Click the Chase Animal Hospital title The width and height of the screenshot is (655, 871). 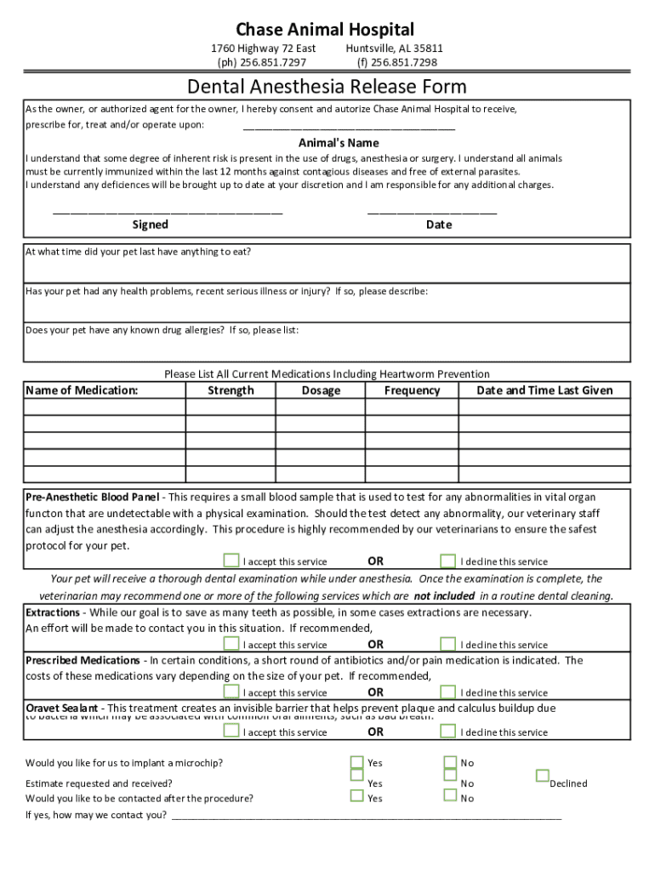(x=327, y=31)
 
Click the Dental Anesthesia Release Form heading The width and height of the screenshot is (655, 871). (x=327, y=87)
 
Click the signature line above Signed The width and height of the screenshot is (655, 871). (x=168, y=212)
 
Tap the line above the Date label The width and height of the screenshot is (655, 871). (x=432, y=212)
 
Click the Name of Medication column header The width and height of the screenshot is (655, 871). (x=82, y=390)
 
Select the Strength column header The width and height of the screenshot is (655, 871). (x=231, y=390)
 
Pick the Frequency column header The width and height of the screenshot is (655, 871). (x=412, y=390)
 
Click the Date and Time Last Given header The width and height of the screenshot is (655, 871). (x=544, y=390)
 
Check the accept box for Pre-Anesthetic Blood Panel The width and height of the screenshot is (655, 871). (x=231, y=561)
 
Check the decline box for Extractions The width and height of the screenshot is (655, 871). (x=448, y=644)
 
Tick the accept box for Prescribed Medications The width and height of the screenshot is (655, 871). (x=231, y=692)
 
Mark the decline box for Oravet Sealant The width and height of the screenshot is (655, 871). (x=448, y=732)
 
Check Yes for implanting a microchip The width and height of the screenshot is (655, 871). (x=357, y=762)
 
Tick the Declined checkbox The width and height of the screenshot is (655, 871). (x=542, y=776)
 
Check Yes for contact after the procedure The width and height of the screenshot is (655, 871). (x=357, y=796)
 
